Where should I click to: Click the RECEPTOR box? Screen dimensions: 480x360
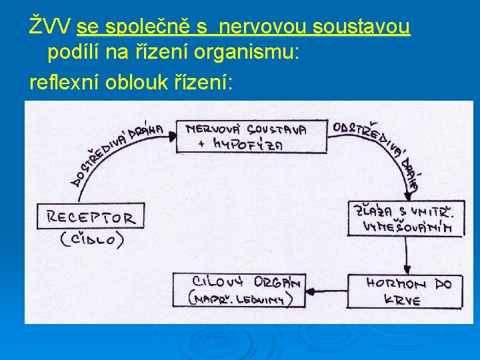point(91,217)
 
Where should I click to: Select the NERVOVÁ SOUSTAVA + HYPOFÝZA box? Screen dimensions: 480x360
point(252,136)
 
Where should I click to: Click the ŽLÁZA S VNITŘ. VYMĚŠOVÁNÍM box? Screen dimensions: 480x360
point(405,218)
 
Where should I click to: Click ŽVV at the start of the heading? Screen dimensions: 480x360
point(51,27)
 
